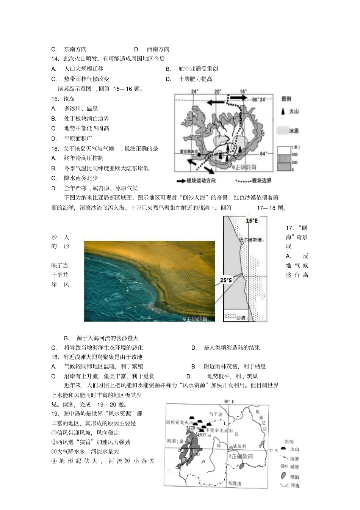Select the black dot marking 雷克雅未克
pos(188,155)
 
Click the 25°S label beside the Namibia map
pos(226,280)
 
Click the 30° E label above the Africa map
pos(229,401)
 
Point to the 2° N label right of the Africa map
pos(273,450)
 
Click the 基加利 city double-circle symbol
pos(230,447)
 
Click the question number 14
pos(55,59)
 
